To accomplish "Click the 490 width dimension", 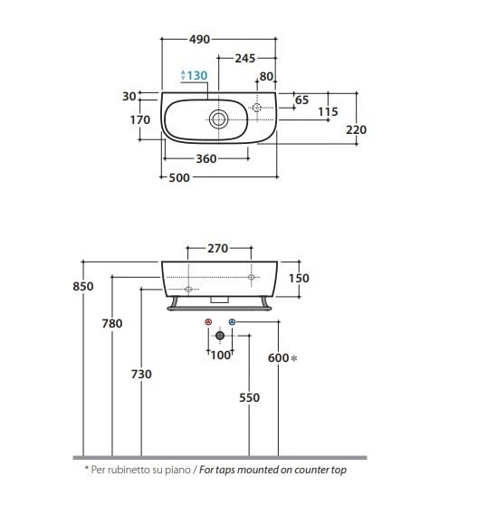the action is click(x=199, y=40).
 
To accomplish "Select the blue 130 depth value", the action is click(x=196, y=75).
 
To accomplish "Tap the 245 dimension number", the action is click(x=245, y=59).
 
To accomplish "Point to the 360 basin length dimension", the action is click(x=206, y=158).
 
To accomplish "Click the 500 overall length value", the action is click(x=179, y=177).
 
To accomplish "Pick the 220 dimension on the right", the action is click(x=356, y=129).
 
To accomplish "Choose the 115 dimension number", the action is click(x=328, y=111).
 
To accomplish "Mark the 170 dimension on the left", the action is click(x=140, y=119).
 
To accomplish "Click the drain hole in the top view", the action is click(x=218, y=119).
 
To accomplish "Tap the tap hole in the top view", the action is click(x=257, y=108).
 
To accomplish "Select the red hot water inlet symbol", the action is click(x=208, y=322).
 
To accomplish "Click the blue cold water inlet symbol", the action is click(x=232, y=322).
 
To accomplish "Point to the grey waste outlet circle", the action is click(x=220, y=336).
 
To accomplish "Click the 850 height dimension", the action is click(x=83, y=286).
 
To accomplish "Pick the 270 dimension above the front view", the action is click(x=217, y=249).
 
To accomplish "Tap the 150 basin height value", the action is click(x=299, y=278).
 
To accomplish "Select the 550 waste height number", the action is click(x=249, y=397).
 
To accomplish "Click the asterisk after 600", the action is click(x=294, y=358).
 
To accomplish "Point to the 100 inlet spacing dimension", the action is click(x=221, y=356).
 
